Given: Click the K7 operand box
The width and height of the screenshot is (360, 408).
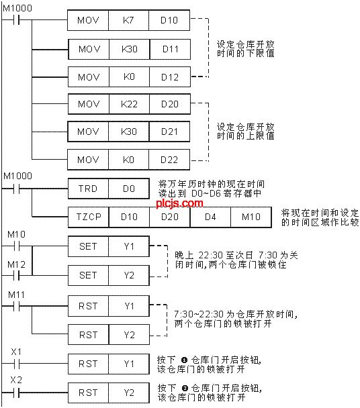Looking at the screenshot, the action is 128,20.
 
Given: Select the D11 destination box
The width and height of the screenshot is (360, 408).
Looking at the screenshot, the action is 170,49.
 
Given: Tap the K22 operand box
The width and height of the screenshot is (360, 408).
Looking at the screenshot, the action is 129,104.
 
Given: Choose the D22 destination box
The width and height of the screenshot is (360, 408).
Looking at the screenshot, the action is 169,160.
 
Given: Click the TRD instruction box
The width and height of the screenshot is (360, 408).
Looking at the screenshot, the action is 88,189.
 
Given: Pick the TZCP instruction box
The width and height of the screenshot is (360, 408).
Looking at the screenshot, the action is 88,217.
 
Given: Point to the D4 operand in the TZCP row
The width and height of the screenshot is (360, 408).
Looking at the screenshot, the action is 210,217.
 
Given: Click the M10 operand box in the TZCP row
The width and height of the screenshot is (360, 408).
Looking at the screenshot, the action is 251,217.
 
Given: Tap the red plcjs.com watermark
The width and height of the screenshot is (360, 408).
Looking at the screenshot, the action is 179,203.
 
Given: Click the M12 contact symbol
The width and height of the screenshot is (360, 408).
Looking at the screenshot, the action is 16,275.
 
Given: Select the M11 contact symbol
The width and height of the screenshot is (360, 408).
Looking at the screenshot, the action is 16,306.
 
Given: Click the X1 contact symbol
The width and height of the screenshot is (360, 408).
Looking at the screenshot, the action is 16,364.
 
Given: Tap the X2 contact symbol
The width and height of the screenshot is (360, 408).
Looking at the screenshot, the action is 16,392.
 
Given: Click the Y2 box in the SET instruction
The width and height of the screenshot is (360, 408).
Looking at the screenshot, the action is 129,275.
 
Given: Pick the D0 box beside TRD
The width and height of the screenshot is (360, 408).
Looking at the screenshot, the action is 129,189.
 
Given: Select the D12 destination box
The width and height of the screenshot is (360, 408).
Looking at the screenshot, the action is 170,77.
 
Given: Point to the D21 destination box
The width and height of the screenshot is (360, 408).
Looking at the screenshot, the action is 169,132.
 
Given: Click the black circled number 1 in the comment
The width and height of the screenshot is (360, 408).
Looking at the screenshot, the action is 184,360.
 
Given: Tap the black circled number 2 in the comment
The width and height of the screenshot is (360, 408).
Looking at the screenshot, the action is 185,389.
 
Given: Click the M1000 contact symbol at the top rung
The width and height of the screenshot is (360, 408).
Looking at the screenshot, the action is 16,20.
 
